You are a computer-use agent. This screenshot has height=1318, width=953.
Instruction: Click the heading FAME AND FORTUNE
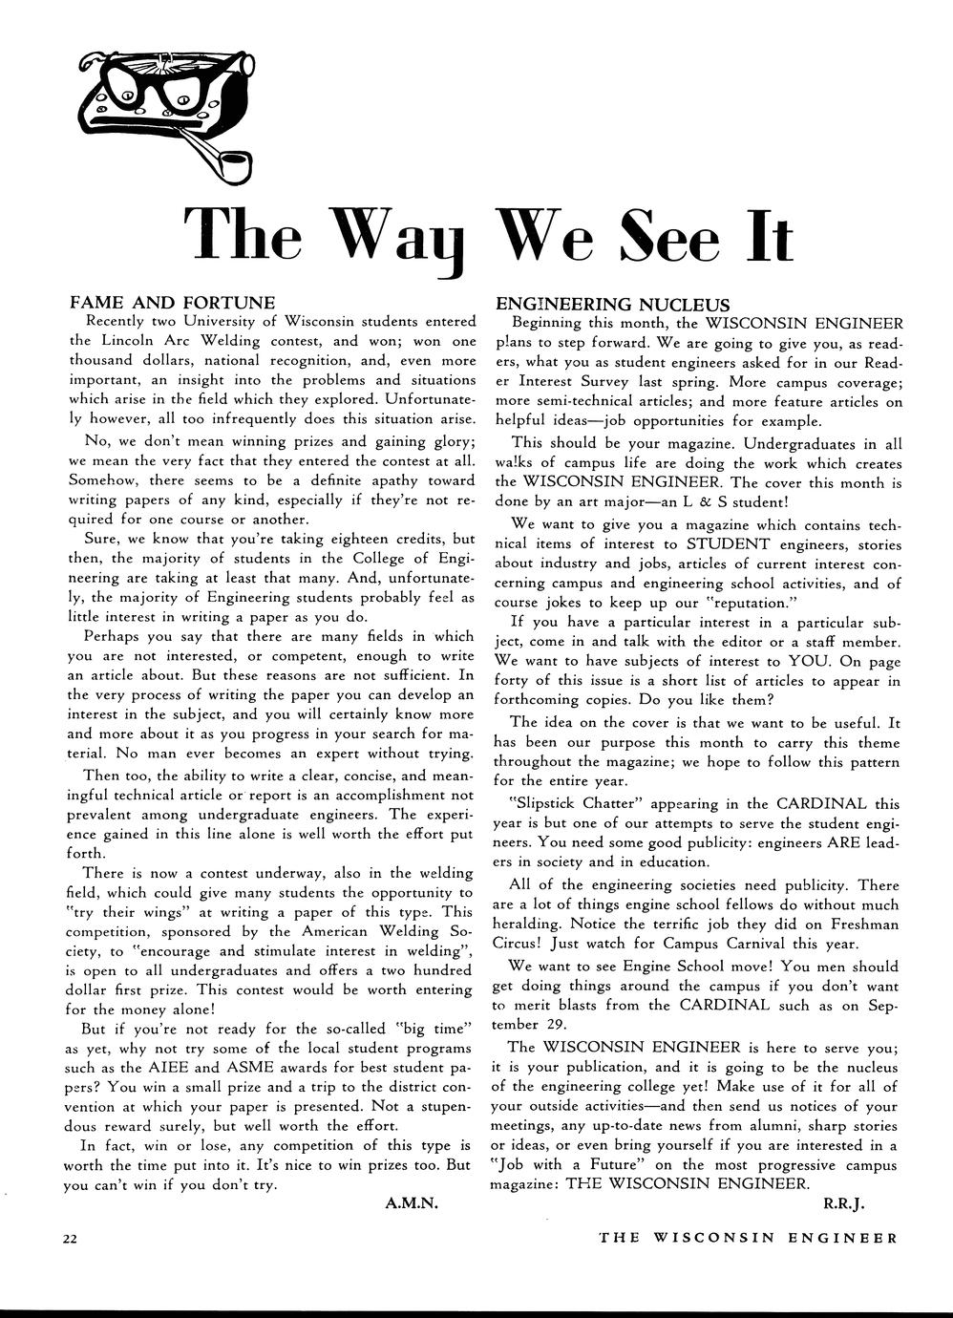[173, 303]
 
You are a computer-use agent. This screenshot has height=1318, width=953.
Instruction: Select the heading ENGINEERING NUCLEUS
[613, 305]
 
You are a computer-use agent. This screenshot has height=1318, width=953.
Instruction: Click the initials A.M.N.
[411, 1203]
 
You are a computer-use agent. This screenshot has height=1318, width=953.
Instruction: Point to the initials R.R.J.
[843, 1203]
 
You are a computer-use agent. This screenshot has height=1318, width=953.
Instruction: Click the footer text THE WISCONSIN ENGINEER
[748, 1238]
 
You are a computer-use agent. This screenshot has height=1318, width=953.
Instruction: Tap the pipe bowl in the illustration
[233, 169]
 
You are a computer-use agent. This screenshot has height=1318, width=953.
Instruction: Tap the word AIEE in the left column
[225, 1067]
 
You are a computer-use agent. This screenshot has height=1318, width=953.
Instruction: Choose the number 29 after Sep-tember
[563, 1024]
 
